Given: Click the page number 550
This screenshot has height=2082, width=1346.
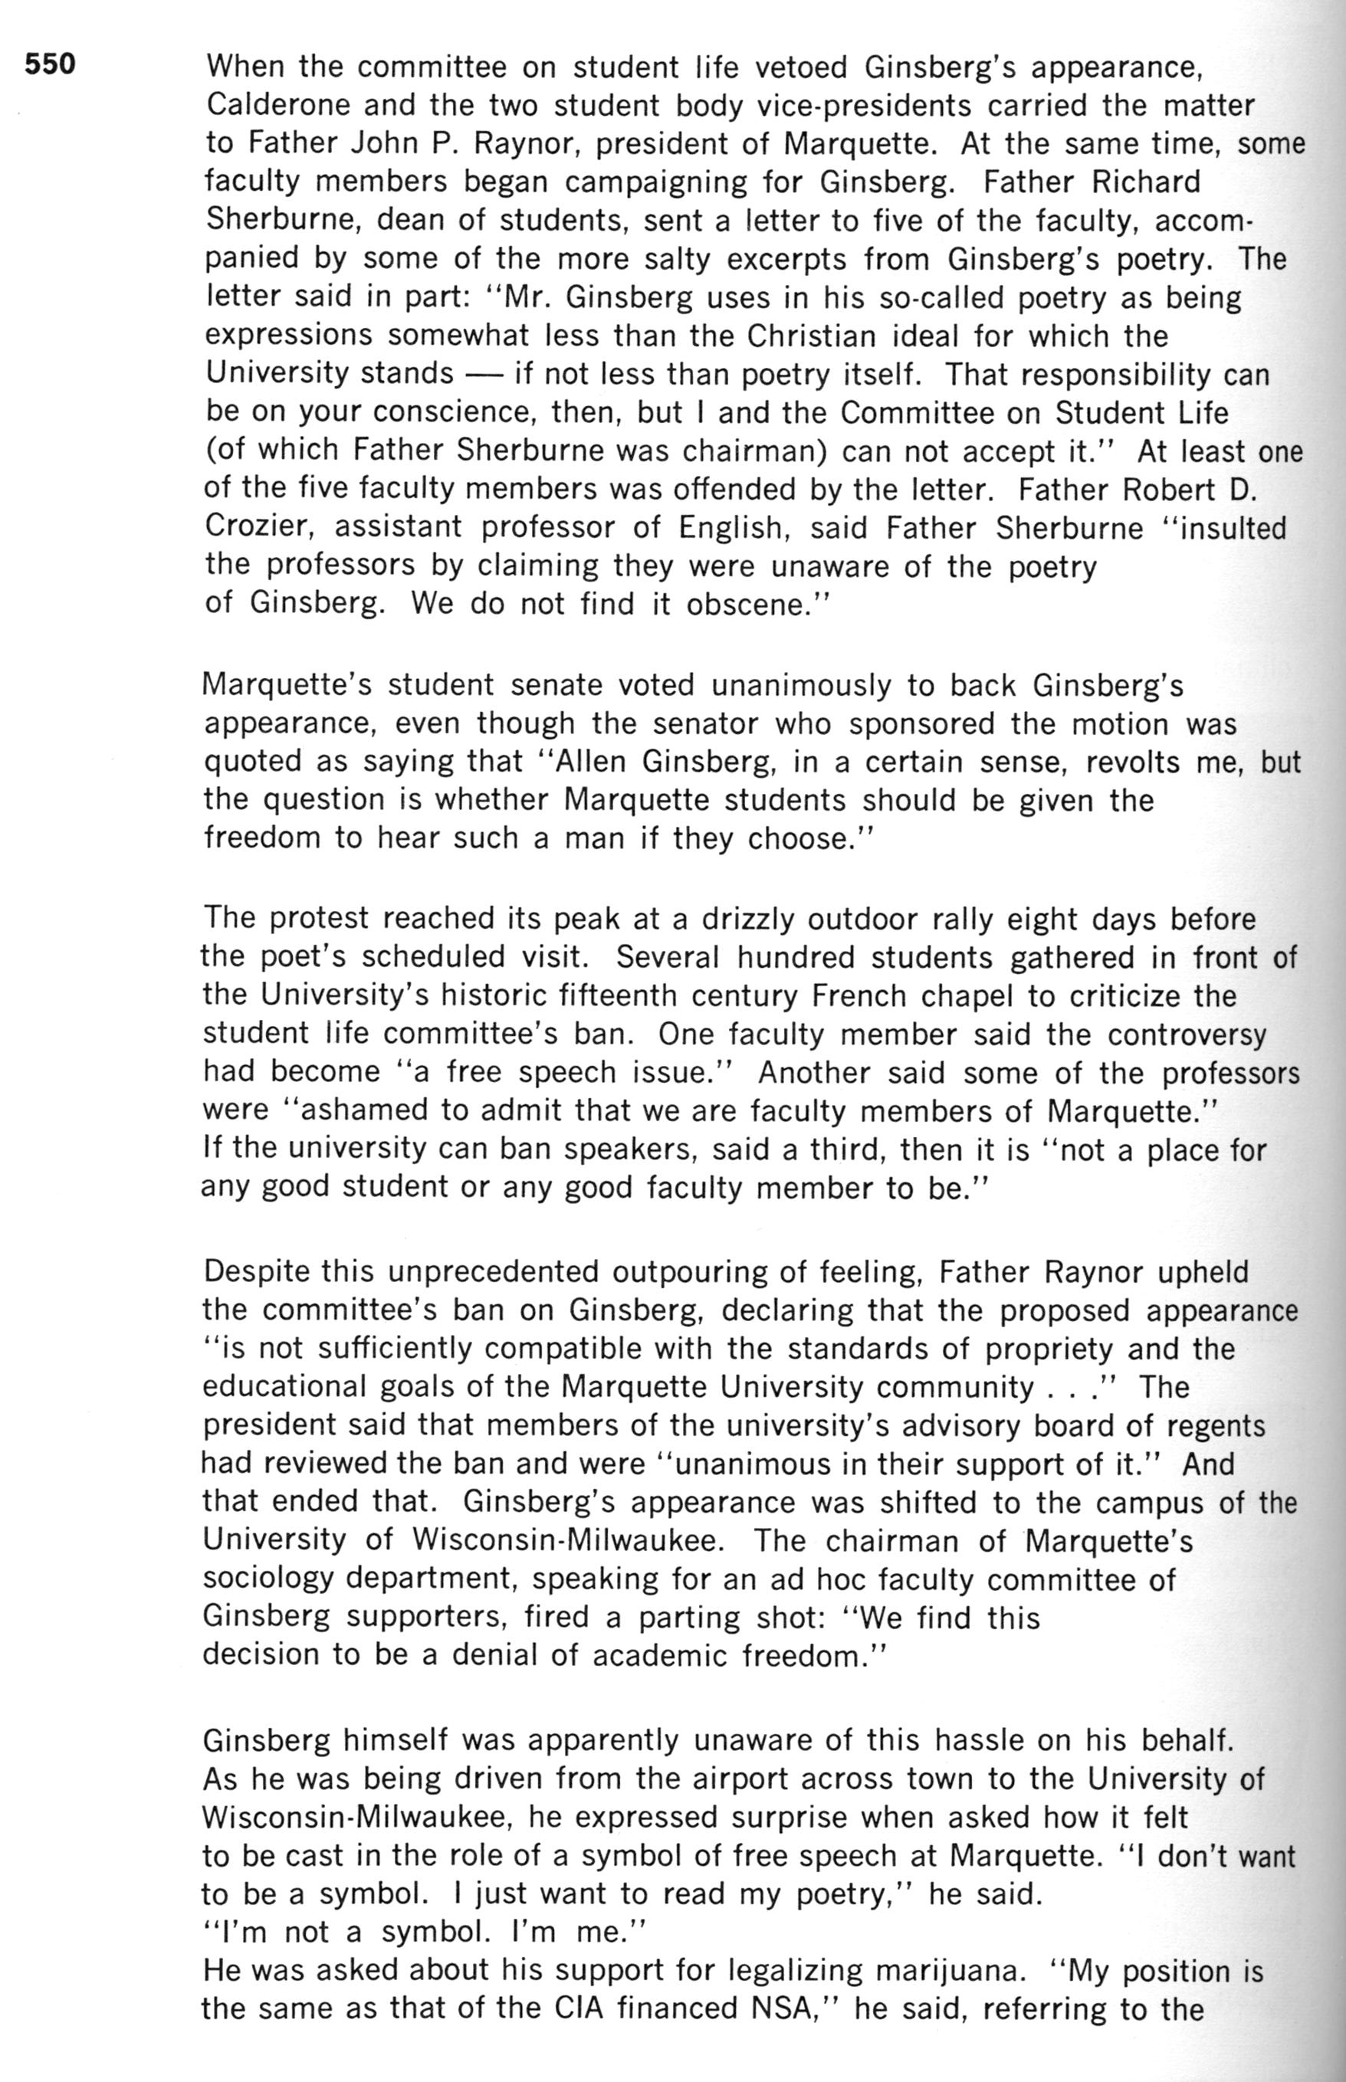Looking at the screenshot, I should pos(50,64).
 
